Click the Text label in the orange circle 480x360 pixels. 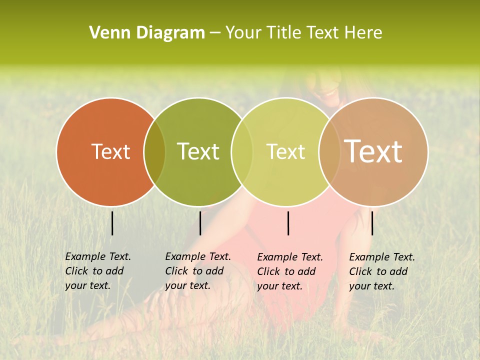tap(110, 151)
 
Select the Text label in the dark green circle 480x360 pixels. tap(198, 151)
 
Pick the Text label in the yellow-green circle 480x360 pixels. tap(285, 151)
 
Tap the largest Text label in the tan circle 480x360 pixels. tap(373, 151)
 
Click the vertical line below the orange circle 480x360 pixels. tap(112, 223)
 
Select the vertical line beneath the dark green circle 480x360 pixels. tap(200, 223)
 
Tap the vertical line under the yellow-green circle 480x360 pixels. tap(288, 223)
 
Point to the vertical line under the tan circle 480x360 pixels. tap(372, 223)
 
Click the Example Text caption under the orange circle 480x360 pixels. tap(98, 271)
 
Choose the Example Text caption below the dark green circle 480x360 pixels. tap(198, 271)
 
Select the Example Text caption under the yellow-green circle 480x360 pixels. tap(290, 271)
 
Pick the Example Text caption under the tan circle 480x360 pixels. tap(382, 271)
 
